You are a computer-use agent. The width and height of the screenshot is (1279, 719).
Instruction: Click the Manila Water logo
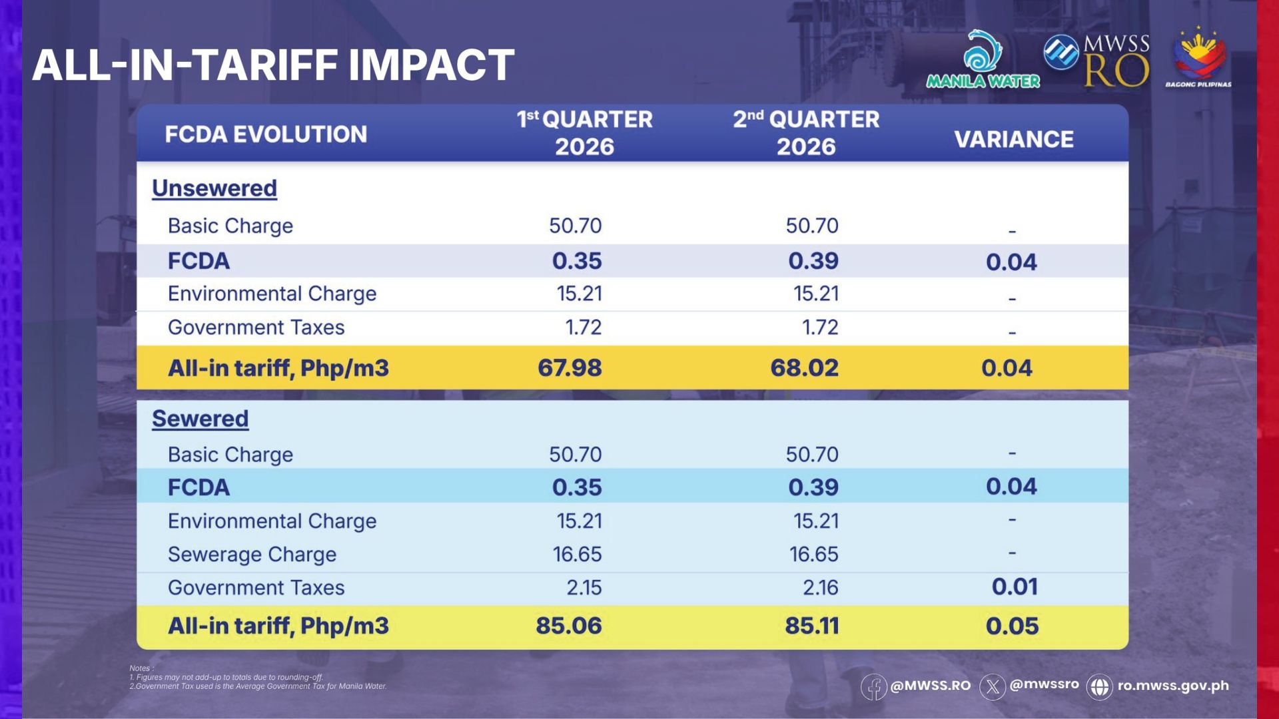coord(983,60)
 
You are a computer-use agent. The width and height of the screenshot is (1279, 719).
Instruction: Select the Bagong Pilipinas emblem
coord(1198,59)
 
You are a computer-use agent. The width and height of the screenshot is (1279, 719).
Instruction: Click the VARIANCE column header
coord(1013,139)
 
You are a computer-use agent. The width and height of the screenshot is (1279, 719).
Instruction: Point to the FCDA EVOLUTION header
coord(266,134)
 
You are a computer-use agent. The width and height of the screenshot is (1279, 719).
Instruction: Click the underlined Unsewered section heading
coord(214,188)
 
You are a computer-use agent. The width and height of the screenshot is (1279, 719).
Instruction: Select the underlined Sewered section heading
coord(200,419)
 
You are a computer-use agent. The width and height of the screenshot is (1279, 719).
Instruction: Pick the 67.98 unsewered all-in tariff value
coord(570,368)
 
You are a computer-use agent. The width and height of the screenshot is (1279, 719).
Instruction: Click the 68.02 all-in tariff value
coord(804,368)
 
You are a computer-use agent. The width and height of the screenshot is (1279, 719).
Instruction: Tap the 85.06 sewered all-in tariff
coord(568,626)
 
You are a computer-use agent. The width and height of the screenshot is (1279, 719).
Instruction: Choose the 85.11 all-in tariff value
coord(811,626)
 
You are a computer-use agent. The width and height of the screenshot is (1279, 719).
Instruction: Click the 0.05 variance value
coord(1012,626)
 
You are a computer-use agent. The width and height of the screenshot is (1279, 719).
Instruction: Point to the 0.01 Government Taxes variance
coord(1015,587)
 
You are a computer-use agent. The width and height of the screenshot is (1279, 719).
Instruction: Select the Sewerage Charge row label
coord(252,555)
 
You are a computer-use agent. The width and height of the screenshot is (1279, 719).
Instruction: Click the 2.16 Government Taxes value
coord(820,588)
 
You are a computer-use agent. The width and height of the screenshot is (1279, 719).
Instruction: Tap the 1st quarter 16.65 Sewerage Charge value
coord(577,555)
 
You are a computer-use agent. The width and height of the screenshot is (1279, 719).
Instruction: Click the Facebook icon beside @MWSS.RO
coord(873,686)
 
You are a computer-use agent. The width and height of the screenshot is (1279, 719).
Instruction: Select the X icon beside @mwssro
coord(992,686)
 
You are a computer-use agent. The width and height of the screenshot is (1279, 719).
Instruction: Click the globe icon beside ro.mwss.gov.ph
coord(1099,686)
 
